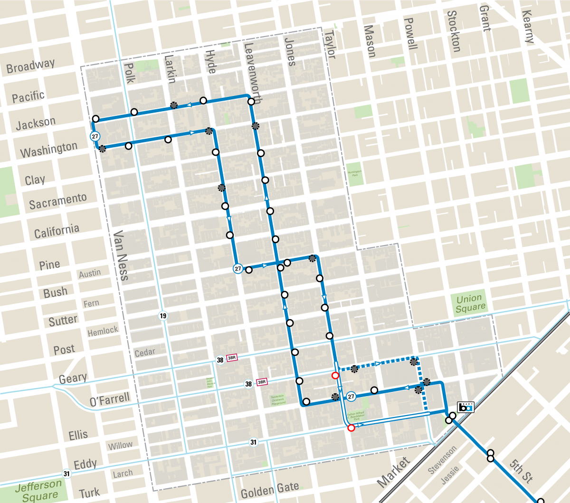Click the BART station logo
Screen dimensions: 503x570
click(x=465, y=407)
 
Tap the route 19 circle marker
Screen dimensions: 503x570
click(x=163, y=316)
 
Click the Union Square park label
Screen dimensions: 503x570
click(x=470, y=304)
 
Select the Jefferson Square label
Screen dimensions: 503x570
click(x=39, y=491)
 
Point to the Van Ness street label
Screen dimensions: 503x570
click(x=121, y=256)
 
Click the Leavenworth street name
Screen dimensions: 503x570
click(x=252, y=73)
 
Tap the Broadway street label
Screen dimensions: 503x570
click(x=30, y=66)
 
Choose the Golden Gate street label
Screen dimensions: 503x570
click(x=270, y=490)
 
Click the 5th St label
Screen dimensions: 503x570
click(x=521, y=471)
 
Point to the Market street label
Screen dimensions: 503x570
click(x=393, y=472)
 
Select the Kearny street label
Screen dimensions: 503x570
click(x=528, y=27)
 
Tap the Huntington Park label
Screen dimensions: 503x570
click(x=354, y=173)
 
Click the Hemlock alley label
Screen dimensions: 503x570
click(x=103, y=331)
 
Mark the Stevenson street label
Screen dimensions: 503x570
click(x=442, y=459)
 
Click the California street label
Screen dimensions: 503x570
click(x=57, y=231)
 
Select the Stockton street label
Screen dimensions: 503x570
click(x=454, y=31)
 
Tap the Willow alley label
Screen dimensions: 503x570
click(x=120, y=446)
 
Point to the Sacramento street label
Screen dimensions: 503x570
click(x=57, y=201)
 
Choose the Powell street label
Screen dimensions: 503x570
click(x=410, y=34)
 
